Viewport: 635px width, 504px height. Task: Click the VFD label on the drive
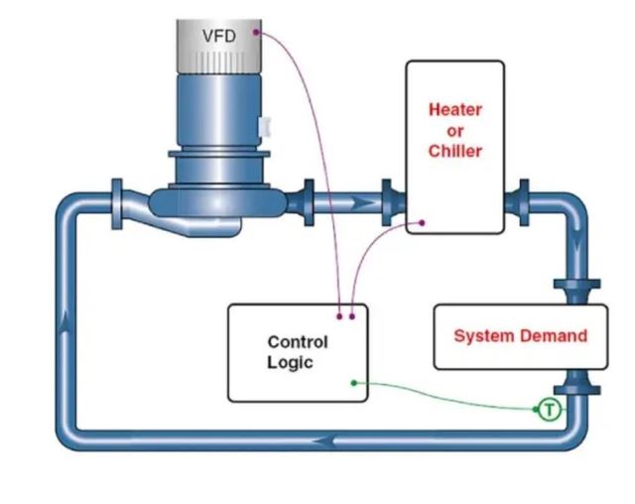[x=219, y=37]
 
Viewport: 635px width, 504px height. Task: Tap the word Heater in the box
[x=454, y=109]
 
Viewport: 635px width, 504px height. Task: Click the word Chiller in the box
[x=454, y=151]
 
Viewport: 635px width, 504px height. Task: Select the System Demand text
[x=520, y=335]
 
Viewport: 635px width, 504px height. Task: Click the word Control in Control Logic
[x=297, y=342]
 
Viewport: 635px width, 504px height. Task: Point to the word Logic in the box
[x=290, y=362]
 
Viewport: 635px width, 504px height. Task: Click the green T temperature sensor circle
[x=549, y=409]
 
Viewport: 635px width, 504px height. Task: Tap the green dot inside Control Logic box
[x=353, y=382]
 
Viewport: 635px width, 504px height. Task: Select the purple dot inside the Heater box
[x=423, y=223]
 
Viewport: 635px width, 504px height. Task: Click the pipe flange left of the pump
[x=118, y=202]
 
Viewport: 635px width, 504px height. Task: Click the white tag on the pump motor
[x=263, y=127]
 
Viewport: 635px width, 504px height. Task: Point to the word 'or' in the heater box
[x=454, y=130]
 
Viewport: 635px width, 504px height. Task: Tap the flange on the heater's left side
[x=391, y=202]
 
